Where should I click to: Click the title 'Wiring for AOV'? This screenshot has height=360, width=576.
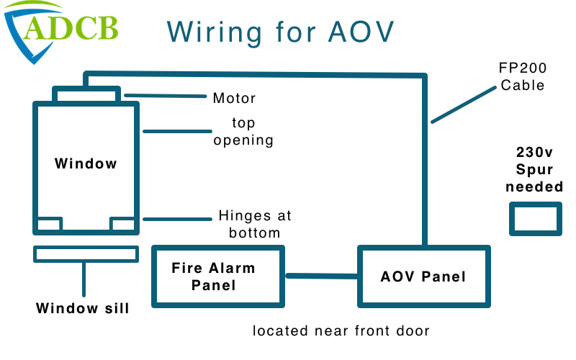pyautogui.click(x=281, y=31)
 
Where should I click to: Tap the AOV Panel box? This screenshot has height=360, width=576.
pyautogui.click(x=423, y=276)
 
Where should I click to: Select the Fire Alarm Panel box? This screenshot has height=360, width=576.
pyautogui.click(x=217, y=276)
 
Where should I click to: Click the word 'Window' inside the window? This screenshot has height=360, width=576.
pyautogui.click(x=86, y=163)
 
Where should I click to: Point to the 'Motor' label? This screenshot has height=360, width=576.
pyautogui.click(x=234, y=98)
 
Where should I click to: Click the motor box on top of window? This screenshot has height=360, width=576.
pyautogui.click(x=86, y=94)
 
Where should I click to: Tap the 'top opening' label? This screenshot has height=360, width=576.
pyautogui.click(x=243, y=132)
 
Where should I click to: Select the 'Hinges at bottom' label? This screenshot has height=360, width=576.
pyautogui.click(x=254, y=224)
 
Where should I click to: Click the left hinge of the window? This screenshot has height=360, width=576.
pyautogui.click(x=48, y=224)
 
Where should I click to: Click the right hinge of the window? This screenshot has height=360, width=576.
pyautogui.click(x=122, y=224)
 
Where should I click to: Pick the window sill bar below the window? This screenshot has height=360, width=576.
pyautogui.click(x=86, y=254)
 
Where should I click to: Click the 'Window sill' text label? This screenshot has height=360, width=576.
pyautogui.click(x=83, y=309)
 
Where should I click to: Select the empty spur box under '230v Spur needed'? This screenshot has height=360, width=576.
pyautogui.click(x=535, y=218)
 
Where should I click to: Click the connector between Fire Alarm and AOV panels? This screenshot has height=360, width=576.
pyautogui.click(x=322, y=276)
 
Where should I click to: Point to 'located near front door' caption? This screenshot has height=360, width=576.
pyautogui.click(x=341, y=331)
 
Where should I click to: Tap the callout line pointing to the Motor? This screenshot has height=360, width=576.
pyautogui.click(x=166, y=96)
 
